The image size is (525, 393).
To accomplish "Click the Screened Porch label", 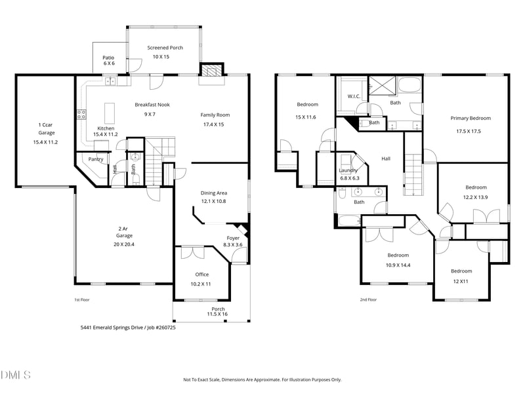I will pyautogui.click(x=165, y=48).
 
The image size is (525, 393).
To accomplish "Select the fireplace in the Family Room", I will pyautogui.click(x=211, y=71).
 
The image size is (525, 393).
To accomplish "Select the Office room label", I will pyautogui.click(x=201, y=274).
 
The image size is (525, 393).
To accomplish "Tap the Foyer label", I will pyautogui.click(x=233, y=238).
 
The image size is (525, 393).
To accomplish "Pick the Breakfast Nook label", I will pyautogui.click(x=152, y=105).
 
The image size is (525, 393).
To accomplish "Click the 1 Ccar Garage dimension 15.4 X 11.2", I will pyautogui.click(x=45, y=141).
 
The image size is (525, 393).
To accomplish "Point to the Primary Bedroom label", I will pyautogui.click(x=471, y=119).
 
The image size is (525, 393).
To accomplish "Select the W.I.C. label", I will pyautogui.click(x=354, y=97).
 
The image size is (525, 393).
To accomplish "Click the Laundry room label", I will pyautogui.click(x=348, y=170).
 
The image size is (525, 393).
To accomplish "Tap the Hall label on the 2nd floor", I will pyautogui.click(x=386, y=159).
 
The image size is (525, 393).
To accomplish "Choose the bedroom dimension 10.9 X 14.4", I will pyautogui.click(x=398, y=265).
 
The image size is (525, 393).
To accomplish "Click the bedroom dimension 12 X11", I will pyautogui.click(x=461, y=280).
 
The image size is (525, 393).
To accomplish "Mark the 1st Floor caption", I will pyautogui.click(x=81, y=299).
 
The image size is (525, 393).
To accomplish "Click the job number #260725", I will pyautogui.click(x=161, y=327).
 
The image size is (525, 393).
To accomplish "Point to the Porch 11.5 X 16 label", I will pyautogui.click(x=218, y=312).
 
